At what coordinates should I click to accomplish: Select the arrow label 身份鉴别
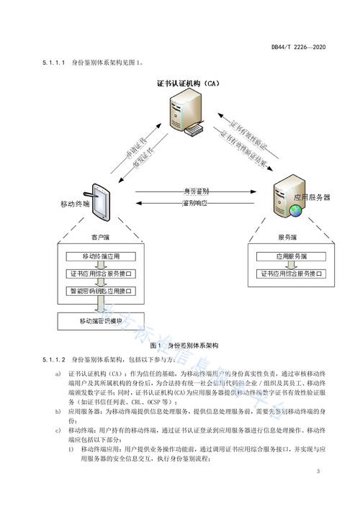point(195,192)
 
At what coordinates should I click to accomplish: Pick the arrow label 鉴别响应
point(195,204)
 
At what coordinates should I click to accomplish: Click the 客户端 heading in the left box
point(100,236)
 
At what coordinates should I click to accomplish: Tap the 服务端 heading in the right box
point(287,236)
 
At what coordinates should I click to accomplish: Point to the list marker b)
point(58,410)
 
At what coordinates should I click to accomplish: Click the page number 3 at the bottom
point(318,471)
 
